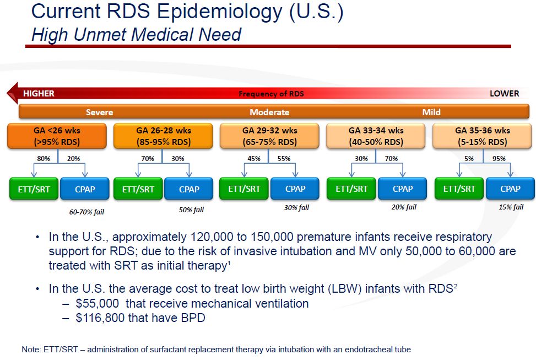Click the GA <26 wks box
point(57,136)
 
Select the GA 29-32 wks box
point(270,136)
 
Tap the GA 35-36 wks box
point(483,136)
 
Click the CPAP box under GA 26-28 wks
point(189,189)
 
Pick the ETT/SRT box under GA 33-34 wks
point(351,189)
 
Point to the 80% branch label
point(44,159)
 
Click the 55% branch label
point(284,159)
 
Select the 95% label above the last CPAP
point(499,159)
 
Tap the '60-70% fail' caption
point(86,212)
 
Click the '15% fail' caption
point(511,207)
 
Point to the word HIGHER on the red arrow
point(39,93)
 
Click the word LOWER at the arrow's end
point(504,93)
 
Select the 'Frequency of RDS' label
point(271,94)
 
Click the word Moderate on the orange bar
point(269,112)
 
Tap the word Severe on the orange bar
point(100,112)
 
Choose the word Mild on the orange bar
point(431,112)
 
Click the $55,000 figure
point(97,304)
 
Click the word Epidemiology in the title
point(220,12)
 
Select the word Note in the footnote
point(30,350)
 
